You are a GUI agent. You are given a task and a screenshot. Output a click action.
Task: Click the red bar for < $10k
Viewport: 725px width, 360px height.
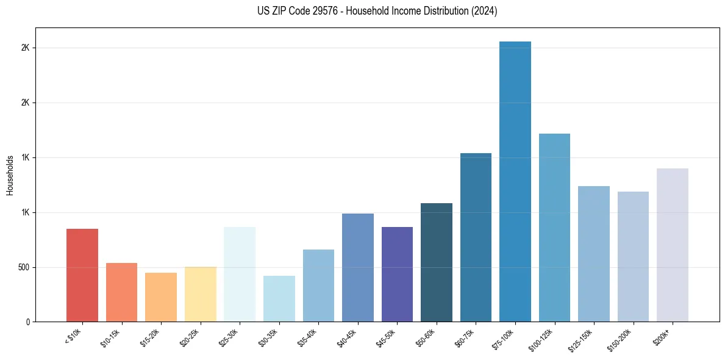pos(82,275)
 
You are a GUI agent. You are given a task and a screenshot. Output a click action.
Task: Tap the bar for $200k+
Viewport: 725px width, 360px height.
pos(673,245)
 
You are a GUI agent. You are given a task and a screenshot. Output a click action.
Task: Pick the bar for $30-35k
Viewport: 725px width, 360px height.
pos(279,298)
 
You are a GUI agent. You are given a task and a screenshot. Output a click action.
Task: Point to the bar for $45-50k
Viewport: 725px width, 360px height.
pos(397,274)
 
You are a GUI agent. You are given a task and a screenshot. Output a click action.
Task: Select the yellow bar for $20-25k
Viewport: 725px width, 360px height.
pos(201,294)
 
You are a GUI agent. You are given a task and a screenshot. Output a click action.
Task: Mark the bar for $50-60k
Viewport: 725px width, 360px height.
pos(437,262)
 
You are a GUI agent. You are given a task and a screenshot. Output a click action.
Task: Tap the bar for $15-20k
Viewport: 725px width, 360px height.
pos(161,297)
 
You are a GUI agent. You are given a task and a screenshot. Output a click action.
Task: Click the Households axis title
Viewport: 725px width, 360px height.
pos(10,175)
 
